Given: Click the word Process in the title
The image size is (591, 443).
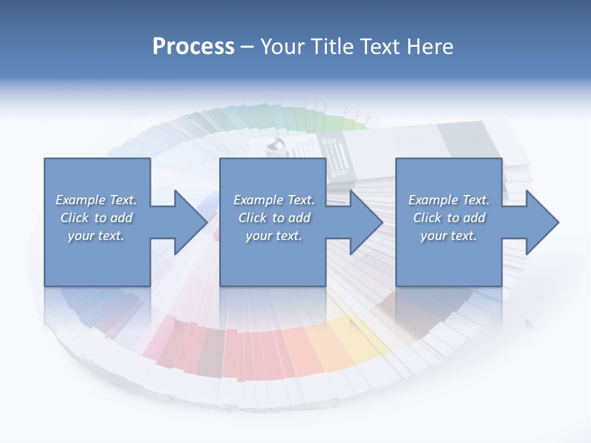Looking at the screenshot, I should click(193, 47).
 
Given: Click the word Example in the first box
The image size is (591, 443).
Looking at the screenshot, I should click(80, 200).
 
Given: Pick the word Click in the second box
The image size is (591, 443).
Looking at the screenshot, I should click(252, 218).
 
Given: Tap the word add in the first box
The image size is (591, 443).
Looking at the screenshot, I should click(122, 218).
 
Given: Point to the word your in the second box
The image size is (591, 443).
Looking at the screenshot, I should click(259, 236).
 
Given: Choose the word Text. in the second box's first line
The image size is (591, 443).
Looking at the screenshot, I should click(299, 200).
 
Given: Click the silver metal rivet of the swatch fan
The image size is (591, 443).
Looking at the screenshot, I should click(273, 146).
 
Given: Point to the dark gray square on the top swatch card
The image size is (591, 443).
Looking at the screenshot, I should click(462, 139).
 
